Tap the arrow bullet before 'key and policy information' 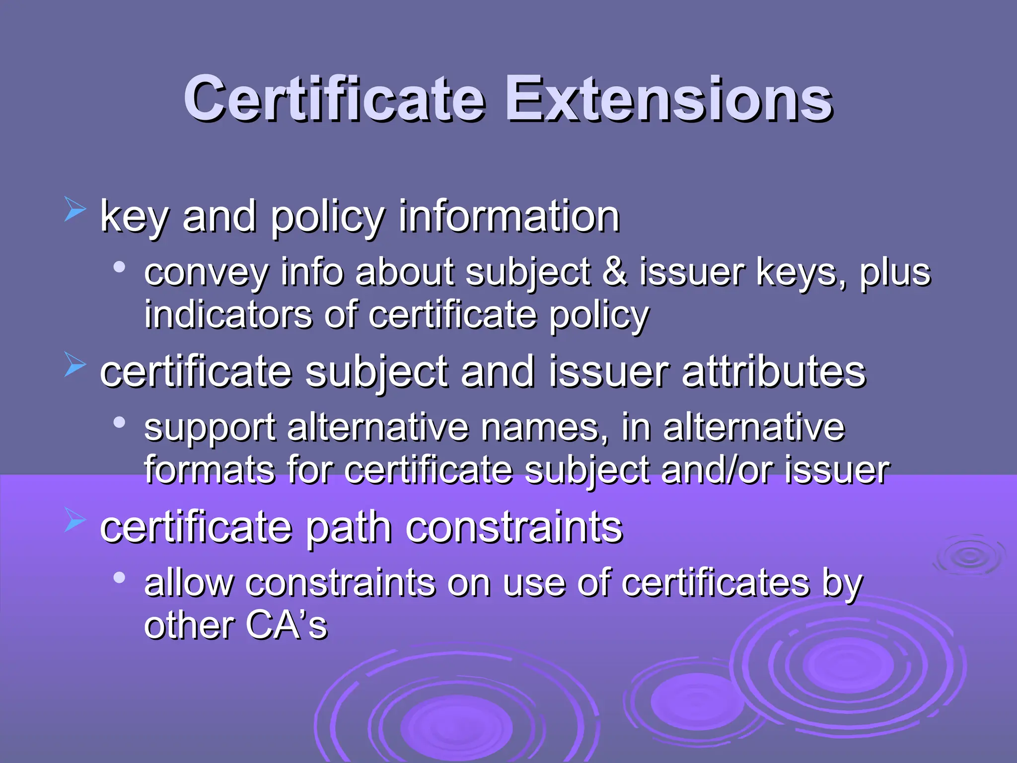coord(75,209)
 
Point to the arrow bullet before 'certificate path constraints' coord(75,520)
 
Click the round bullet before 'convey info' coord(119,268)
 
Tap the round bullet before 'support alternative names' coord(119,423)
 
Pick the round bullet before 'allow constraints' coord(119,578)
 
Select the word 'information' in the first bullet coord(509,217)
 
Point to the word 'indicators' coord(228,314)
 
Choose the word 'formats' coord(209,469)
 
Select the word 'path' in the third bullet coord(348,528)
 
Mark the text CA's coord(287,625)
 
